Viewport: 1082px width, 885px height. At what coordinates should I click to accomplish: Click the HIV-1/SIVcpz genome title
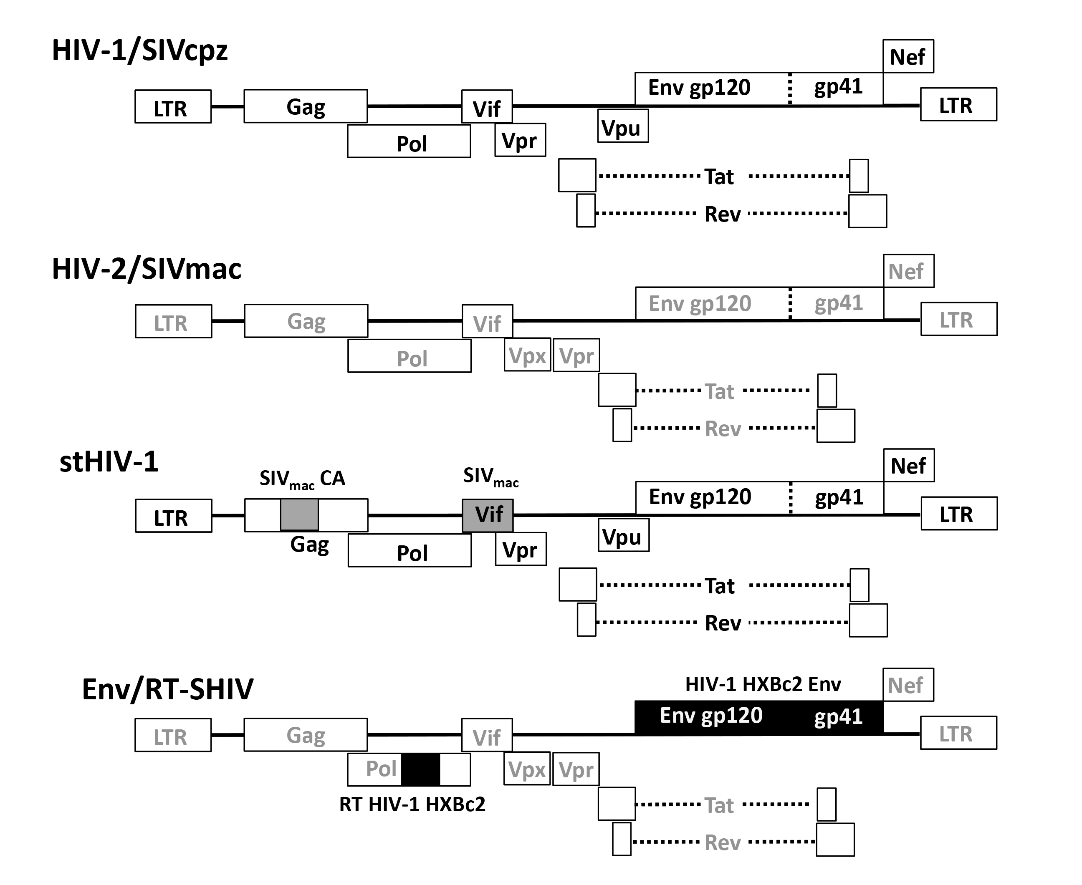point(140,51)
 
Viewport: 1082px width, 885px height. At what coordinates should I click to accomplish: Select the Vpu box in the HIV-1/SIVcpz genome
point(622,126)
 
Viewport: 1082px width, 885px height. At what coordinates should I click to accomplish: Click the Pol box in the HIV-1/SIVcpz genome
point(409,141)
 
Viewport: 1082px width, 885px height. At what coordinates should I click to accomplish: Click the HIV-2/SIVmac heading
point(147,269)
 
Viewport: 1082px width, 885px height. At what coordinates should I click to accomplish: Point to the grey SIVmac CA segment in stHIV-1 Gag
point(299,515)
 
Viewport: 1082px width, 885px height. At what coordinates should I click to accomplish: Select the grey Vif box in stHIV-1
point(488,515)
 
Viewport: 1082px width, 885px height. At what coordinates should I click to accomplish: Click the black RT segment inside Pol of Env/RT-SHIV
point(421,769)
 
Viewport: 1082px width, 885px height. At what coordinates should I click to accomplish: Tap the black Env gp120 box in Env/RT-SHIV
point(711,716)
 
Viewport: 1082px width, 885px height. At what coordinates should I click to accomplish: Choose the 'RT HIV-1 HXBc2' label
point(412,804)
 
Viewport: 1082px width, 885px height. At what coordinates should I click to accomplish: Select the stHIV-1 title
point(109,462)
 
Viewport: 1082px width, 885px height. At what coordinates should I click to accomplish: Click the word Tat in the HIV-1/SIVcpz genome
point(719,177)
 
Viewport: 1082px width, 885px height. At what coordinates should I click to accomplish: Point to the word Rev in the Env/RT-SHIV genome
point(722,843)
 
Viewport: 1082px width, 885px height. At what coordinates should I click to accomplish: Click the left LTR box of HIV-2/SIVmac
point(173,321)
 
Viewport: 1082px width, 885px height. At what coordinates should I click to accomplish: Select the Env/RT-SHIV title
point(167,689)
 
